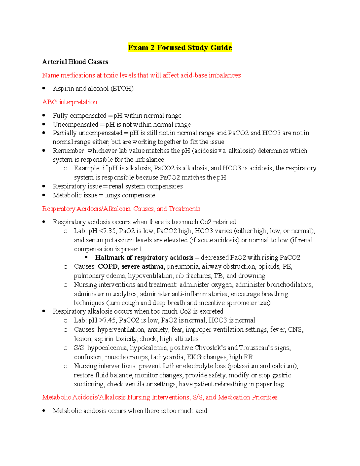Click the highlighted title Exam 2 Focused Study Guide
click(x=180, y=48)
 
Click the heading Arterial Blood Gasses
click(x=75, y=62)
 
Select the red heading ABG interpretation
click(x=70, y=102)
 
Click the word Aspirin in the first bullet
click(x=63, y=89)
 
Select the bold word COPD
click(x=108, y=266)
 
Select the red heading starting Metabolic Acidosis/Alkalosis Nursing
click(x=160, y=397)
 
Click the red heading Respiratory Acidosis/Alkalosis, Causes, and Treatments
click(x=121, y=209)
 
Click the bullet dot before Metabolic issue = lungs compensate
click(x=44, y=195)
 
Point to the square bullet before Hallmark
click(x=86, y=257)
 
